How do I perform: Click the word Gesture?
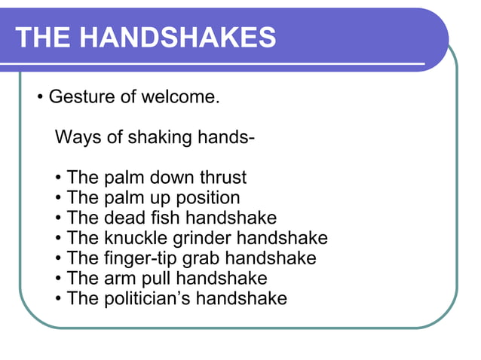pyautogui.click(x=79, y=98)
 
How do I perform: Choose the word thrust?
pyautogui.click(x=222, y=178)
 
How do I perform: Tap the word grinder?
pyautogui.click(x=204, y=239)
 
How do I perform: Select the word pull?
pyautogui.click(x=154, y=279)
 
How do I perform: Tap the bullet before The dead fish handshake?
pyautogui.click(x=59, y=219)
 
